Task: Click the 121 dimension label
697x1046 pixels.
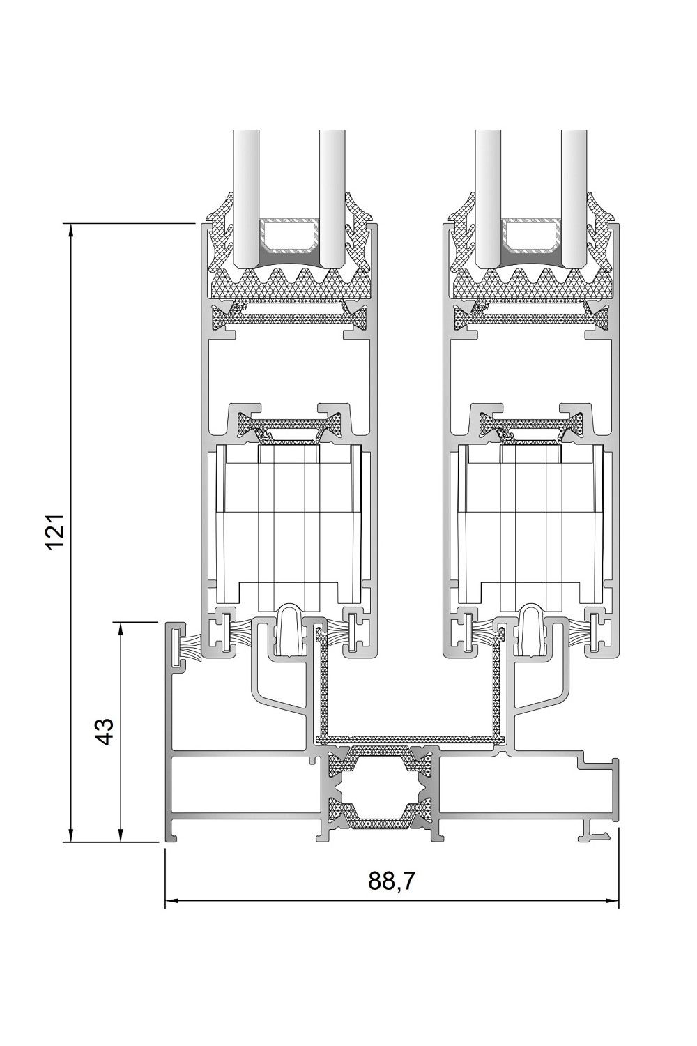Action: point(55,532)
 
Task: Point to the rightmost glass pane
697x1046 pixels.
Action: point(574,199)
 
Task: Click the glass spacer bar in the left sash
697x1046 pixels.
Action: point(289,236)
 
